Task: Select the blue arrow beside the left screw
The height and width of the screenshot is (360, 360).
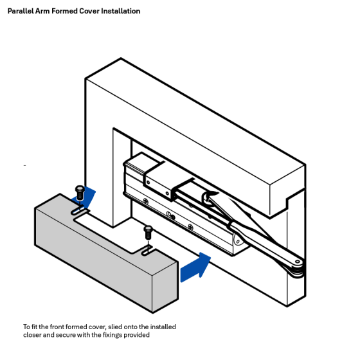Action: click(x=91, y=195)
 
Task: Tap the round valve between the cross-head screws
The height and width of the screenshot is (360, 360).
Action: click(x=169, y=215)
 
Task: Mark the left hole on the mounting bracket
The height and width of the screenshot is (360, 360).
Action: click(x=148, y=181)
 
